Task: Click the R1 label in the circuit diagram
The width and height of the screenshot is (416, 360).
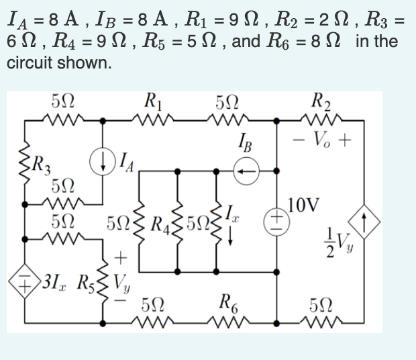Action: pos(152,104)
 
